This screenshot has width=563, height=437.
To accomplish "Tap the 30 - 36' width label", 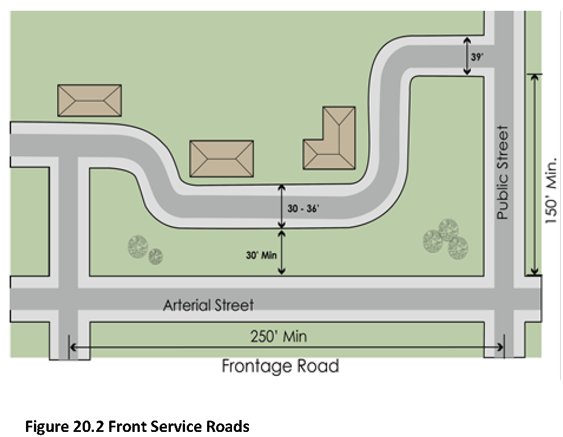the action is coord(303,208).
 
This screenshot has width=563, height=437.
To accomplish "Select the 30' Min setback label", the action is coord(261,255).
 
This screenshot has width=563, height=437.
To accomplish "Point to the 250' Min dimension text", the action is coord(278,336).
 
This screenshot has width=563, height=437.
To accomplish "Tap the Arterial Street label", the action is coord(208,305).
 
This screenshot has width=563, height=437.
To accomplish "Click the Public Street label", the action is coord(503,173).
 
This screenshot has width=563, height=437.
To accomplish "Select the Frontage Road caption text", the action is coord(280,366).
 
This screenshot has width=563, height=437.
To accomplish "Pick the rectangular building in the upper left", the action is coord(89,101).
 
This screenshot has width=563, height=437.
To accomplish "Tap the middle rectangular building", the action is coord(221,158).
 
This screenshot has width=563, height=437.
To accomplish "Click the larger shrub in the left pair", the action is coord(137,246).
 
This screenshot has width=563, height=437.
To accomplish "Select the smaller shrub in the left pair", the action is coord(156,256).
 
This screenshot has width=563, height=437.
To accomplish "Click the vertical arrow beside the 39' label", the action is coord(467,56).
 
